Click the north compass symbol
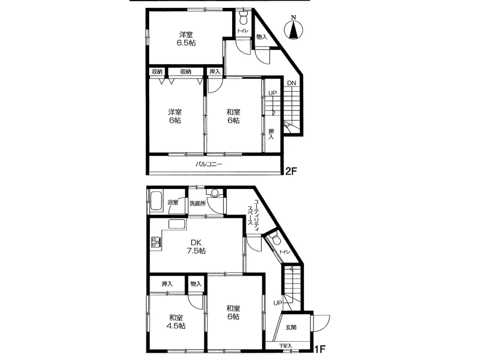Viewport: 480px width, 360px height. point(294,28)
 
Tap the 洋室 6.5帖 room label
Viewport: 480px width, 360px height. point(186,38)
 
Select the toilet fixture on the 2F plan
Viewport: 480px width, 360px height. point(243,18)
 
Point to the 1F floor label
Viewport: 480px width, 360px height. point(320,349)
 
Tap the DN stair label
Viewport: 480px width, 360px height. point(291,83)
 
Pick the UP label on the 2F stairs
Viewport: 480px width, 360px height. point(272,93)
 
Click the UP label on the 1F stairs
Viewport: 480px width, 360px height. point(278,303)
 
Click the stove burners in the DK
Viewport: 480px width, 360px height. point(155,243)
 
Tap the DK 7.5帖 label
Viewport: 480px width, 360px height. point(196,247)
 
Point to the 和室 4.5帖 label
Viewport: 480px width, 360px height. point(176,322)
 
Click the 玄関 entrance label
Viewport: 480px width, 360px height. point(291,327)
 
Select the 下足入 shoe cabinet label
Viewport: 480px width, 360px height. point(285,346)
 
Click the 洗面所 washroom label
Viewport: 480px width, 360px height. point(197,203)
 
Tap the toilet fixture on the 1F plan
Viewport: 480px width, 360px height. point(275,239)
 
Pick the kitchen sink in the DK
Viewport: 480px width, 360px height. point(177,224)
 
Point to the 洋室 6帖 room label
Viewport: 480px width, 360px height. point(175,116)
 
